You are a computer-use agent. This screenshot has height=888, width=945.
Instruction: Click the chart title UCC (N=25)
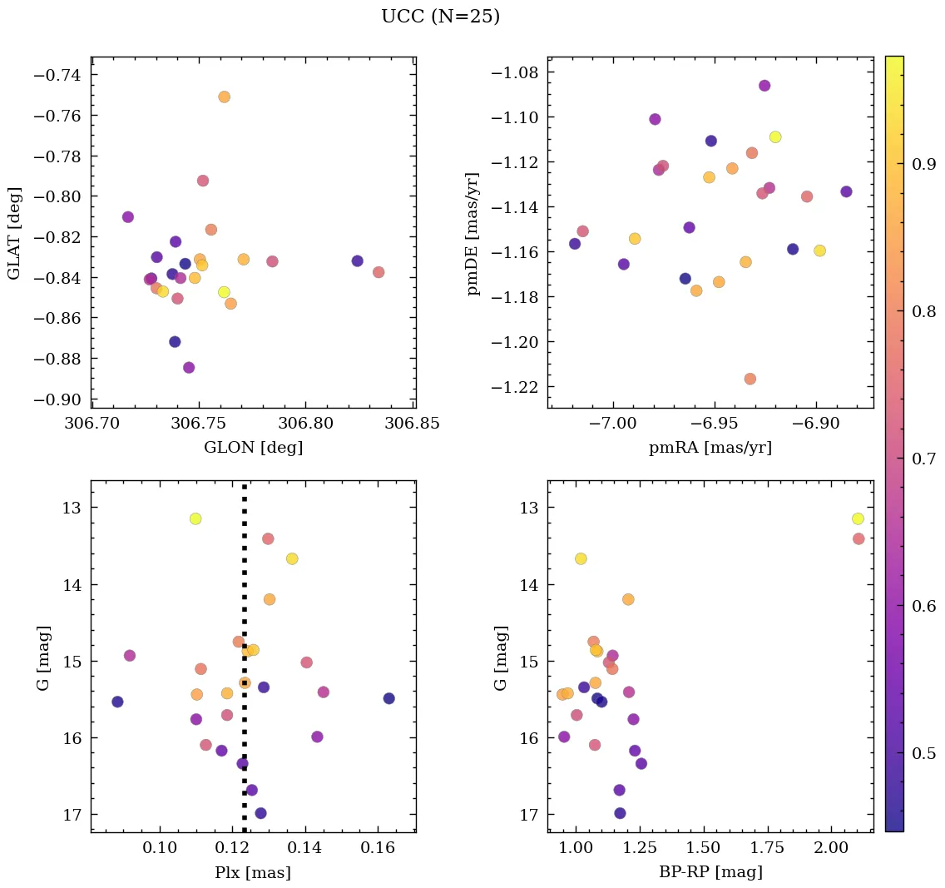coord(440,17)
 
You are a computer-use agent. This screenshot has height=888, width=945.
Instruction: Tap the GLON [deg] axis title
coord(253,448)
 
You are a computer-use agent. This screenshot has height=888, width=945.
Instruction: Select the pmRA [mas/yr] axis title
coord(710,448)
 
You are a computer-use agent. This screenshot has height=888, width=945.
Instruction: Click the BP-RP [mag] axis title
coord(710,872)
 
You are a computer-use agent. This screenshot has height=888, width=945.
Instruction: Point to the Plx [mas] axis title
coord(253,872)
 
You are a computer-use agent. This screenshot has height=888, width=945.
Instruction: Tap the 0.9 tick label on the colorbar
coord(923,165)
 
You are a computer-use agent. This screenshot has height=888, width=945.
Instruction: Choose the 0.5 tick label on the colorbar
coord(923,753)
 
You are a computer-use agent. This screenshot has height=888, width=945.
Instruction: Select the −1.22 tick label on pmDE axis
coord(515,387)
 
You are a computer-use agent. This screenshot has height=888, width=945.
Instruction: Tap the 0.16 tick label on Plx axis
coord(378,848)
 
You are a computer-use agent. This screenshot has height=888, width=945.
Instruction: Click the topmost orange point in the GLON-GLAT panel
coord(224,97)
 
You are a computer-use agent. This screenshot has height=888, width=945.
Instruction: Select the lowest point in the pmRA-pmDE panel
coord(750,379)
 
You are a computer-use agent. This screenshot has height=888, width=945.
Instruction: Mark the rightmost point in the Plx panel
coord(388,698)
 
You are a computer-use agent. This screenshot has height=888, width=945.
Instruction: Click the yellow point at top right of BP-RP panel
coord(858,518)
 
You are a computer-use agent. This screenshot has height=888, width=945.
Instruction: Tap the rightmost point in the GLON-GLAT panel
coord(378,272)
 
